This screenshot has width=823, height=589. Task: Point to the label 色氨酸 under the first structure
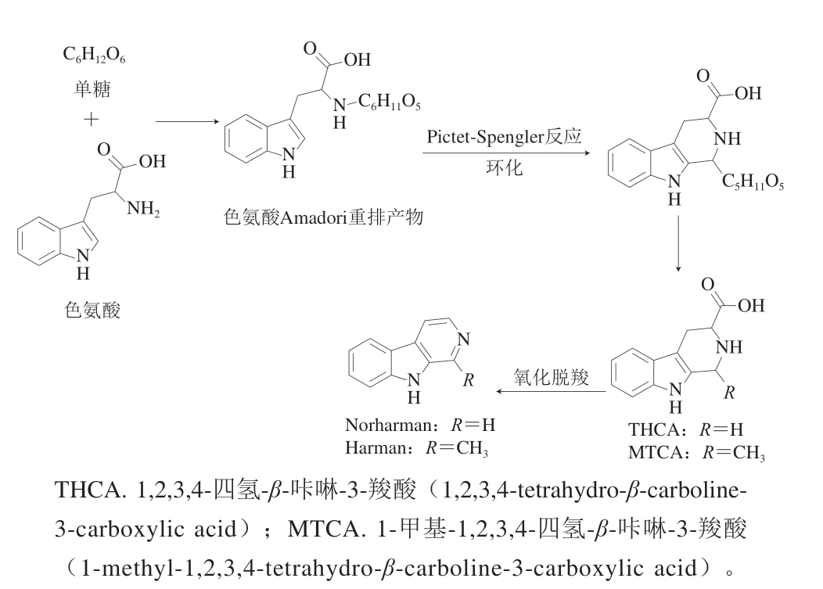(x=92, y=311)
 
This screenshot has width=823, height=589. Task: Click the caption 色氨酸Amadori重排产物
(x=323, y=217)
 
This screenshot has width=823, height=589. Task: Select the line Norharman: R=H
(x=420, y=426)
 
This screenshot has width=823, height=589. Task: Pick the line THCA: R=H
(x=685, y=429)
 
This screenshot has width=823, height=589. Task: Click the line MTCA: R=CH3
(x=696, y=453)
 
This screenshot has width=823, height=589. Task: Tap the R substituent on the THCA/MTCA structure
(x=728, y=393)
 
